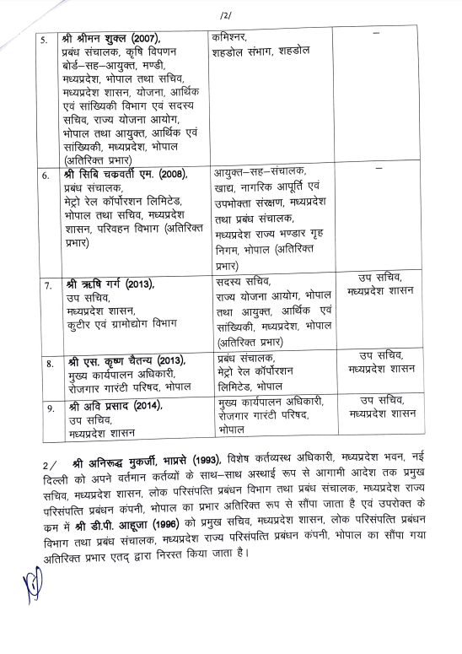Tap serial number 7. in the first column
click(x=46, y=285)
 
